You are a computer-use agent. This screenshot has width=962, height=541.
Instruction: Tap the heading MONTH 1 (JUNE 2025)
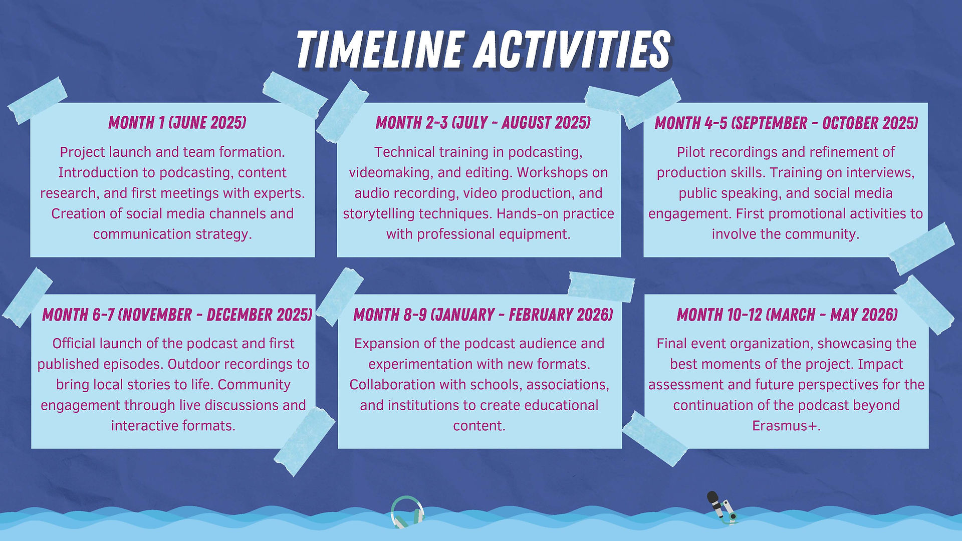coord(177,123)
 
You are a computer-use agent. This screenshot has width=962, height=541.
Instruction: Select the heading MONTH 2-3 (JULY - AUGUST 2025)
coord(483,123)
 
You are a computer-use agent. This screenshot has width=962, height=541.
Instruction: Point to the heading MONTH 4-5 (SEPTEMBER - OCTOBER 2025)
coord(786,123)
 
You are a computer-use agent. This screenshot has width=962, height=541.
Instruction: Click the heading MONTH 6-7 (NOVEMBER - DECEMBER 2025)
coord(177,315)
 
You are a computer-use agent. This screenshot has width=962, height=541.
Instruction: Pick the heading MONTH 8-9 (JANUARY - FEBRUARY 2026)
coord(483,315)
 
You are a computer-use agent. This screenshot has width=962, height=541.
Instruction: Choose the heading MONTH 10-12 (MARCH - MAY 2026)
coord(787,315)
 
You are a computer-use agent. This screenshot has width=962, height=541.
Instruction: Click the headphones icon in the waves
coord(407,512)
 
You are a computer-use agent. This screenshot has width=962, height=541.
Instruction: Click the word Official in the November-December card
coord(74,344)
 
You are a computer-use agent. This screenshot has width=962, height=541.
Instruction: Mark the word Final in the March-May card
coord(671,344)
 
